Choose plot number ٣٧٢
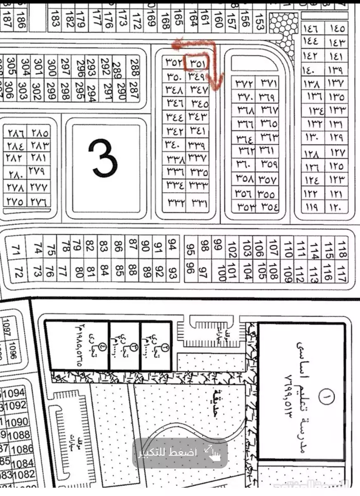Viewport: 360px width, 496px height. tap(244, 84)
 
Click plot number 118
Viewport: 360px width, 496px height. tap(342, 249)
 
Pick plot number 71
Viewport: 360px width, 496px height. tap(17, 250)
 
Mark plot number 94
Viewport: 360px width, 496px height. tap(172, 243)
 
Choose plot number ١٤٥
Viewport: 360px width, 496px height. tap(338, 29)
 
